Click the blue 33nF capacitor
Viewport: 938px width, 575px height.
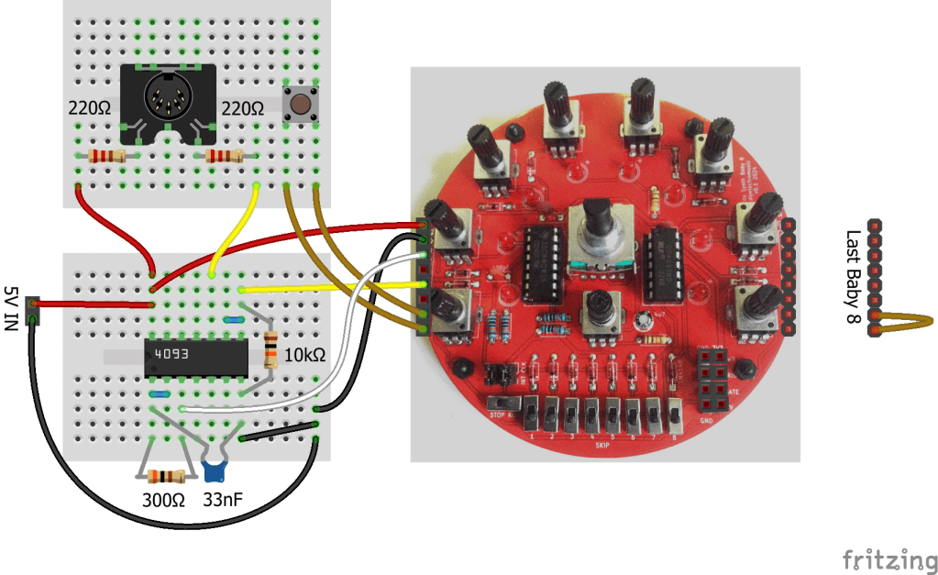coord(215,470)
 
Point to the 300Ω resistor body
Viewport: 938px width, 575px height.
coord(165,476)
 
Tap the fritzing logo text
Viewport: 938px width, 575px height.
coord(883,558)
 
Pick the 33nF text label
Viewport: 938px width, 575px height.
coord(223,501)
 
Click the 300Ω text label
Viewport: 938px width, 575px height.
coord(163,501)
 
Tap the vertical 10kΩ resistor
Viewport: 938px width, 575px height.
coord(270,351)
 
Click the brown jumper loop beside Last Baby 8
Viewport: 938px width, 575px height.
coord(908,321)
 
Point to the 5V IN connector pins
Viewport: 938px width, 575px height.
coord(34,309)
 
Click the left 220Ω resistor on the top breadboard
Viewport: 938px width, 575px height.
coord(106,157)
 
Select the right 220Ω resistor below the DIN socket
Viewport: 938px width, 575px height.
coord(223,157)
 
